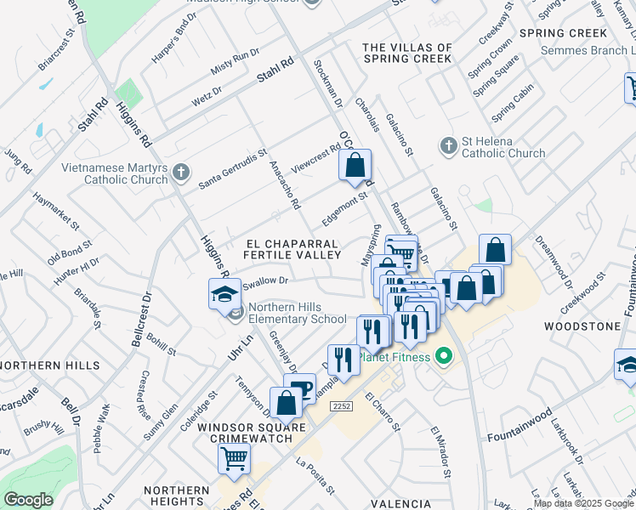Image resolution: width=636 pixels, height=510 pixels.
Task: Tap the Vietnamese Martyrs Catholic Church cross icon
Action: pyautogui.click(x=179, y=173)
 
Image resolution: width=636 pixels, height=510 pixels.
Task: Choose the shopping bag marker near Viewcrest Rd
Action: pyautogui.click(x=355, y=165)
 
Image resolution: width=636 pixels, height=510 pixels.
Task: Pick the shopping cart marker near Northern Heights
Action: pyautogui.click(x=234, y=458)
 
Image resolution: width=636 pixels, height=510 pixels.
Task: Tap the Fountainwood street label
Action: pyautogui.click(x=521, y=428)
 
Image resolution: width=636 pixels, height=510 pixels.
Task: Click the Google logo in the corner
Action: pyautogui.click(x=29, y=500)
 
